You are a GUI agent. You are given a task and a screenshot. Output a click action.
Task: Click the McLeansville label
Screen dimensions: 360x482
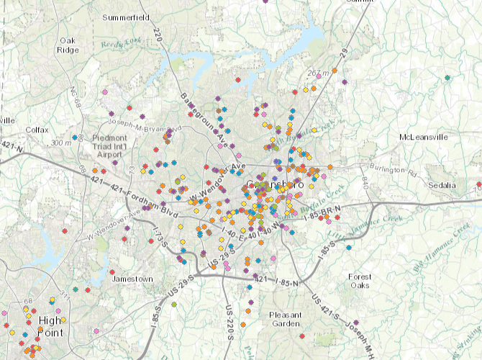(423, 137)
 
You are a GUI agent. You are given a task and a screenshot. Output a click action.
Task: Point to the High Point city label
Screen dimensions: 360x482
(50, 327)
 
